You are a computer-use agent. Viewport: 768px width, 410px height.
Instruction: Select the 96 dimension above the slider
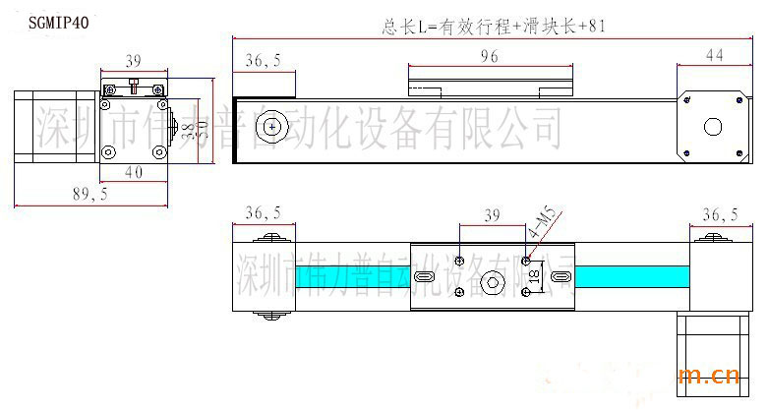pyautogui.click(x=488, y=57)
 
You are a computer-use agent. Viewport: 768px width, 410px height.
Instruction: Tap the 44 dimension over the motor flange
pyautogui.click(x=714, y=57)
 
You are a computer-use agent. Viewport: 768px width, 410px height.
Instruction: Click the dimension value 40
pyautogui.click(x=133, y=172)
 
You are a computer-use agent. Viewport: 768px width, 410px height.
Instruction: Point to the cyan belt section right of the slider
pyautogui.click(x=629, y=277)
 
